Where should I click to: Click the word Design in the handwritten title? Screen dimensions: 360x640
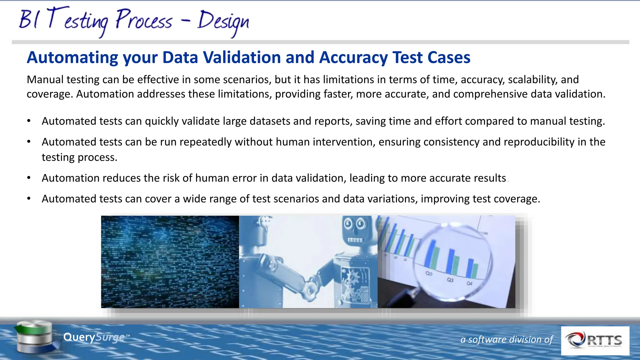pyautogui.click(x=223, y=21)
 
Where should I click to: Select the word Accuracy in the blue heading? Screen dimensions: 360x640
pyautogui.click(x=353, y=57)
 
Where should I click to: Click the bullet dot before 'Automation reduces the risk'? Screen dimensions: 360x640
pyautogui.click(x=29, y=178)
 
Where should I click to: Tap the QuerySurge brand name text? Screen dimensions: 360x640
pyautogui.click(x=94, y=337)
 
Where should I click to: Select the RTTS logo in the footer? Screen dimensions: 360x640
pyautogui.click(x=595, y=341)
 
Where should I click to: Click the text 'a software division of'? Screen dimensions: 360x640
pyautogui.click(x=507, y=339)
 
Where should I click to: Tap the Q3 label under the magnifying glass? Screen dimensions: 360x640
pyautogui.click(x=450, y=280)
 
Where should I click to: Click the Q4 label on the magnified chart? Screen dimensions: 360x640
pyautogui.click(x=469, y=283)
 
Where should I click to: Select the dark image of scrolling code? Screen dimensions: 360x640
pyautogui.click(x=170, y=262)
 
